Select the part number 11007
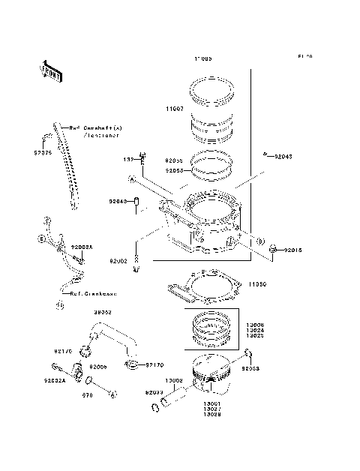[x=175, y=109]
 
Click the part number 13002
[x=174, y=380]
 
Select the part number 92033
[x=154, y=391]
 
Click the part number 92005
[x=99, y=367]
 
